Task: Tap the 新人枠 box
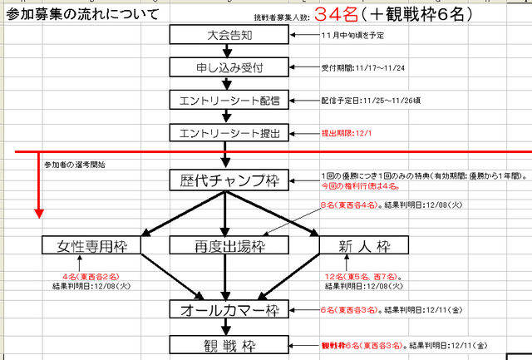(364, 245)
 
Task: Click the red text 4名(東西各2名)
(91, 276)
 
